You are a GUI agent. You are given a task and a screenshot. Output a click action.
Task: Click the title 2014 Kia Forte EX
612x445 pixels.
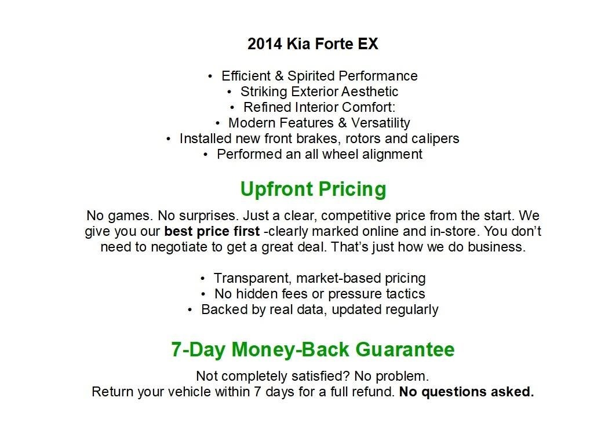coord(312,44)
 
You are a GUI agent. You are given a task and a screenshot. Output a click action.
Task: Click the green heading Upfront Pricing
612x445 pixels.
coord(313,189)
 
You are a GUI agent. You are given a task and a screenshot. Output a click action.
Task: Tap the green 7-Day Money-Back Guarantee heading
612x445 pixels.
coord(312,349)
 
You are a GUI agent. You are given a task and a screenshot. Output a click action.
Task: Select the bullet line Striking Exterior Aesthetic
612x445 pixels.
coord(319,92)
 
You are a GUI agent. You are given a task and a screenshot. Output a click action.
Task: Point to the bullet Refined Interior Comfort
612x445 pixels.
coord(319,107)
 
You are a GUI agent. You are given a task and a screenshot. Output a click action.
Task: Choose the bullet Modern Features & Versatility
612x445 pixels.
coord(319,123)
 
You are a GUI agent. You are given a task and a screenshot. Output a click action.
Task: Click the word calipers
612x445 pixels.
coord(436,138)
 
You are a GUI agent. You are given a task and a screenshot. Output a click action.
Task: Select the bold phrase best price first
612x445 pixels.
coord(212,232)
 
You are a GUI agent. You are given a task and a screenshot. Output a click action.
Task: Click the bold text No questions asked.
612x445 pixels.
coord(466,392)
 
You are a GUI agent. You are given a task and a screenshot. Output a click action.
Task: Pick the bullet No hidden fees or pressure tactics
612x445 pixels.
coord(319,294)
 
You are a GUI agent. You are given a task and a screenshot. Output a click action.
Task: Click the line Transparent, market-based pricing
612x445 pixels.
coord(319,278)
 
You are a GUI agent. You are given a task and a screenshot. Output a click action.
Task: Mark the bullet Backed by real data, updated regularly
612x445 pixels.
coord(319,309)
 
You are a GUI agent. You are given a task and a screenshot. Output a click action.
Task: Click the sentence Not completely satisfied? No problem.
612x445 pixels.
coord(312,376)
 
